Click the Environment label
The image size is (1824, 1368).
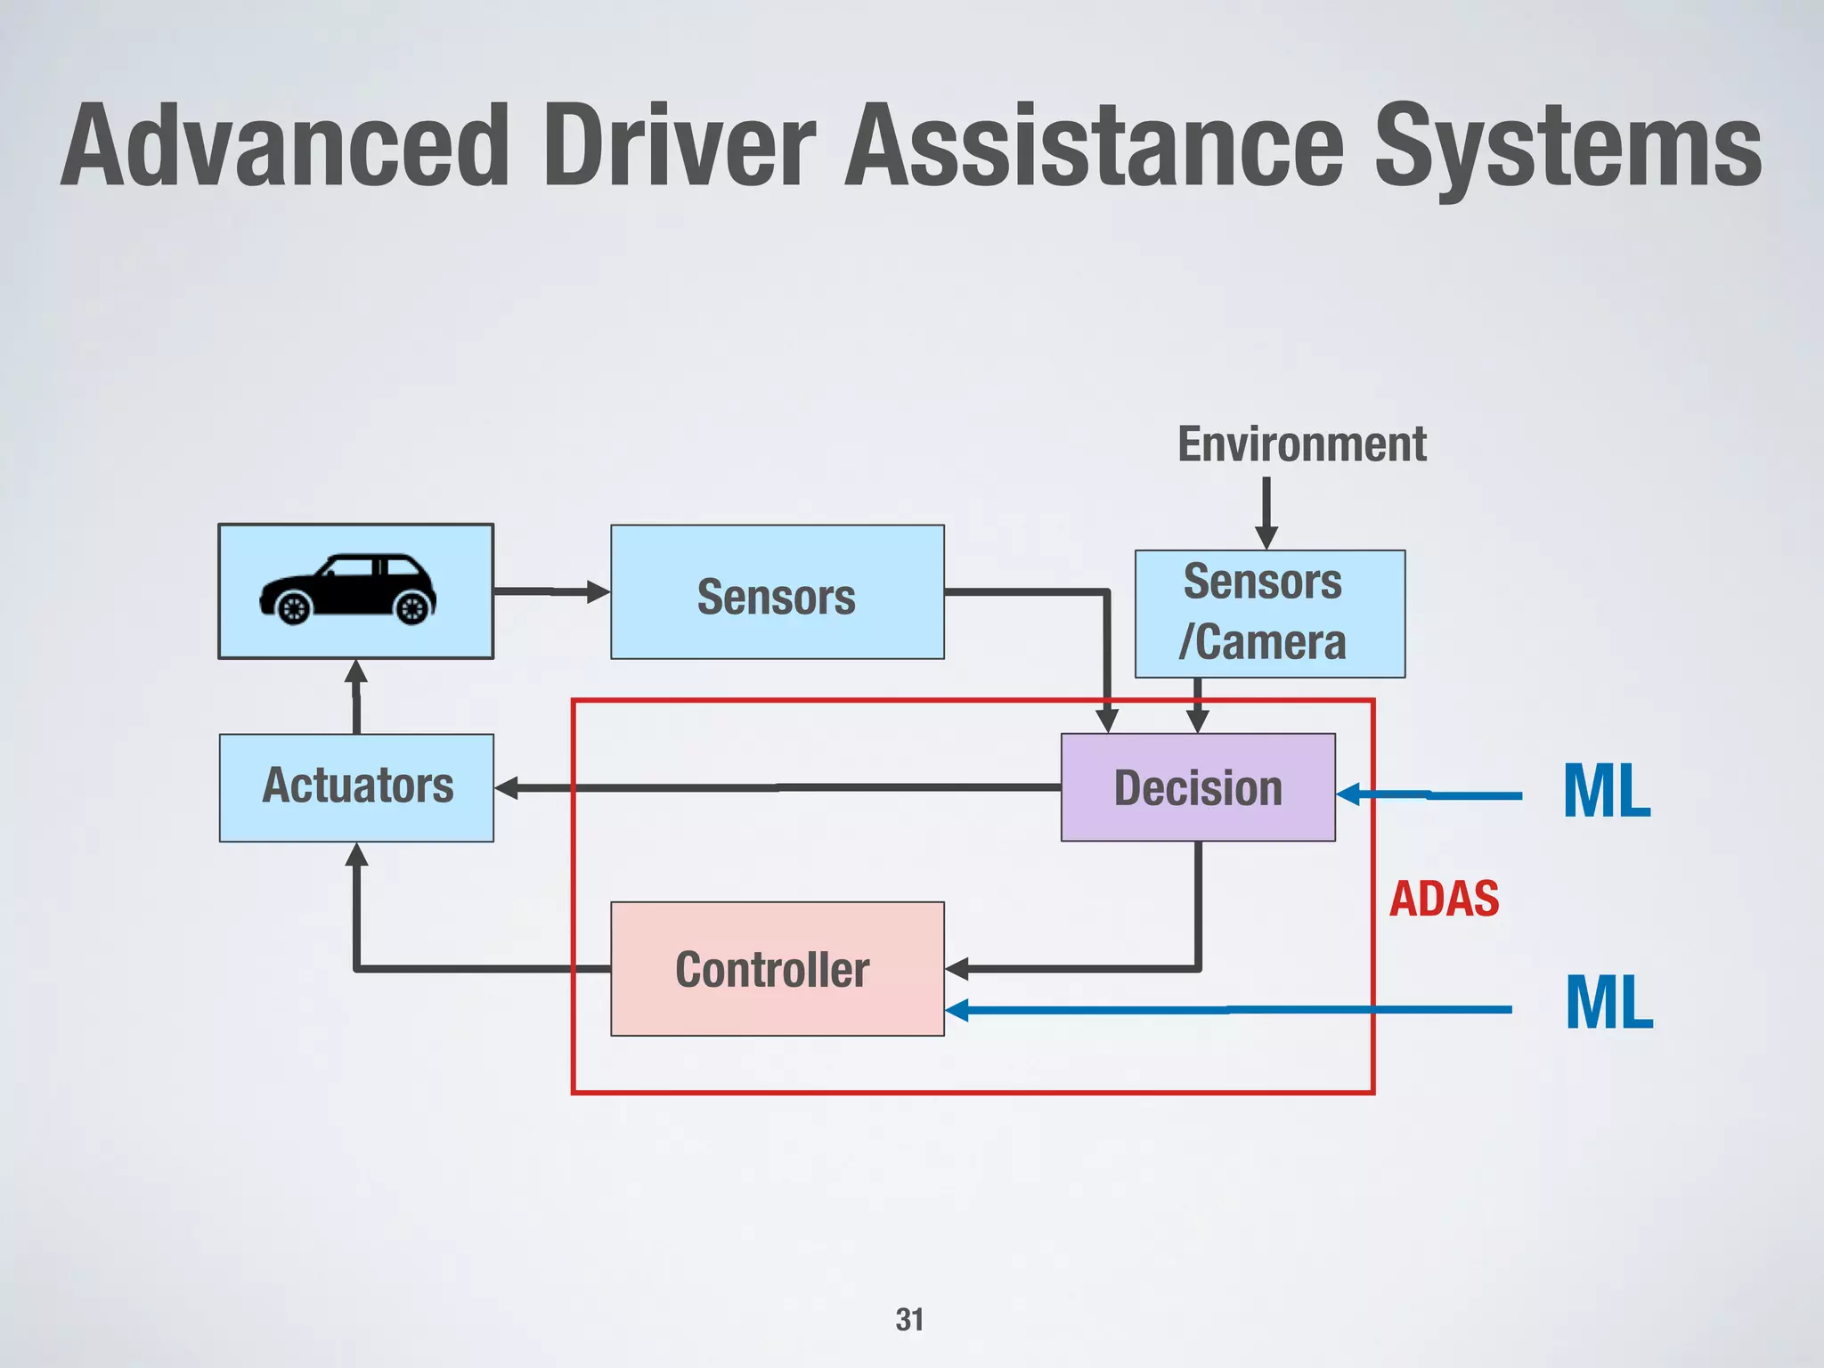(1301, 444)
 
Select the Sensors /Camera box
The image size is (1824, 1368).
(1269, 614)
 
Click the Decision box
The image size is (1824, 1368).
(1198, 787)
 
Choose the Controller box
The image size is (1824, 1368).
(777, 968)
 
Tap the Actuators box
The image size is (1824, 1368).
(356, 787)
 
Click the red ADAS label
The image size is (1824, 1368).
(1444, 898)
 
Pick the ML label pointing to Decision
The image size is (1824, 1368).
(1607, 791)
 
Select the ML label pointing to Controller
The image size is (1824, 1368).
(1608, 1003)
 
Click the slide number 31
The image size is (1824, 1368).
(909, 1319)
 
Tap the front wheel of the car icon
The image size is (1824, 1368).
(412, 608)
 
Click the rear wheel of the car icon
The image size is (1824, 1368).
(293, 608)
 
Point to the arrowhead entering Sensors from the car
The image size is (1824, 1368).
(598, 591)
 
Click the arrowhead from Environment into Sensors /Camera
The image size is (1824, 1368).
(1266, 537)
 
